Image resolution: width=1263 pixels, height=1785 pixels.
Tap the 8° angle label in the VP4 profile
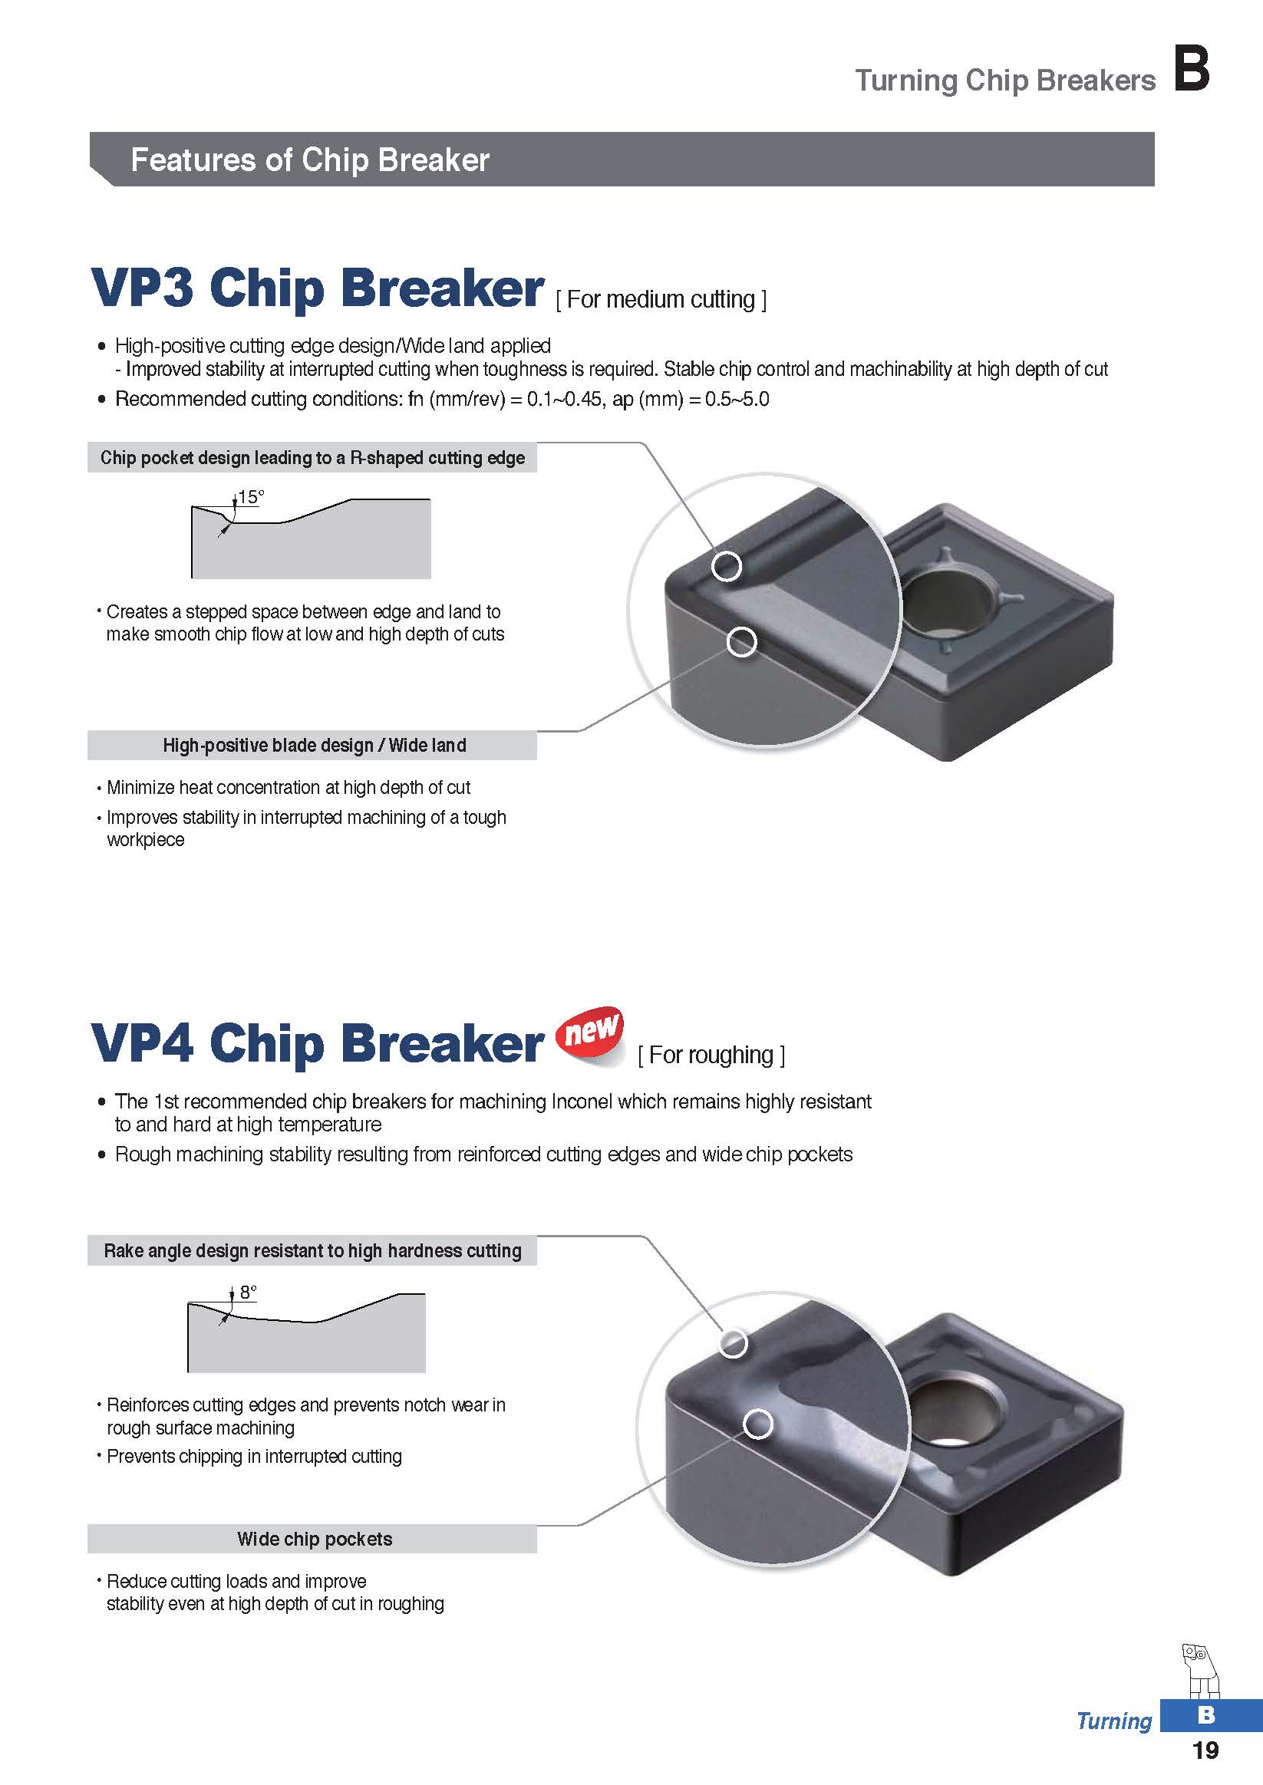tap(248, 1292)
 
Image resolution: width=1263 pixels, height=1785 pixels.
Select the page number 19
tap(1205, 1750)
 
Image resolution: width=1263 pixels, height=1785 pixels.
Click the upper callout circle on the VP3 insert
tap(727, 566)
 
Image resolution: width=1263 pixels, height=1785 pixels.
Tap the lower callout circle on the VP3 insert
tap(741, 642)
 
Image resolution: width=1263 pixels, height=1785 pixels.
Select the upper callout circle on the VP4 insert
tap(733, 1342)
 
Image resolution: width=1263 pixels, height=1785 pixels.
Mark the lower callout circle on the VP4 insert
tap(758, 1424)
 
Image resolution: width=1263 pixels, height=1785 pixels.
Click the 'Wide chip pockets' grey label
tap(314, 1540)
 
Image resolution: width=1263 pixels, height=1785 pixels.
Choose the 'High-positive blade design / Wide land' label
tap(314, 746)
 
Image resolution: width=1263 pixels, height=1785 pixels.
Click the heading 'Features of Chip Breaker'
tap(309, 160)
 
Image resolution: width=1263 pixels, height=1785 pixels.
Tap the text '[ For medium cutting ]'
tap(661, 299)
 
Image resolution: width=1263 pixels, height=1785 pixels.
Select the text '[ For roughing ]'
tap(711, 1055)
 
